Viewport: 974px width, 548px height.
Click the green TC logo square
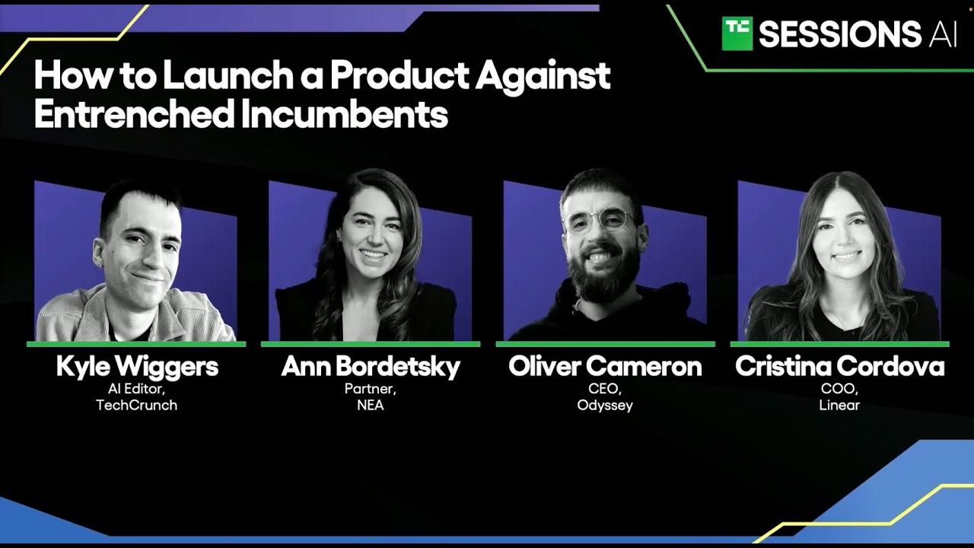[737, 33]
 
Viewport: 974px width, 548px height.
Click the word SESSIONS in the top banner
[840, 34]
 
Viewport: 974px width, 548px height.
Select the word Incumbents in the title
[345, 113]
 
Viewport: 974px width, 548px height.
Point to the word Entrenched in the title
[135, 113]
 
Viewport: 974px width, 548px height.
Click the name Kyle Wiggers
[137, 367]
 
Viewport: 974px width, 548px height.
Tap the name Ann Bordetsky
[371, 366]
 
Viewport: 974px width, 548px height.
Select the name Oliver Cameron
[605, 366]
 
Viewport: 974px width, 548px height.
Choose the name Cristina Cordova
[839, 366]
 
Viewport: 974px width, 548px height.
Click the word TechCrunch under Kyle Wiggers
[136, 406]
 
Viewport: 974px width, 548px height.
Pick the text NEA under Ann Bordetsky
[371, 406]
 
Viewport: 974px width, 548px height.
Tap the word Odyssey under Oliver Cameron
[605, 406]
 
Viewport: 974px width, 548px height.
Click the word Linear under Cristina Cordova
[839, 406]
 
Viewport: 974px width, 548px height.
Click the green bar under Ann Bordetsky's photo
[371, 344]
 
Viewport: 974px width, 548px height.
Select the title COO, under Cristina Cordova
[839, 388]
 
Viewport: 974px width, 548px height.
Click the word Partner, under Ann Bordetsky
[371, 388]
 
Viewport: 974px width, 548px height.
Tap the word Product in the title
[399, 75]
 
